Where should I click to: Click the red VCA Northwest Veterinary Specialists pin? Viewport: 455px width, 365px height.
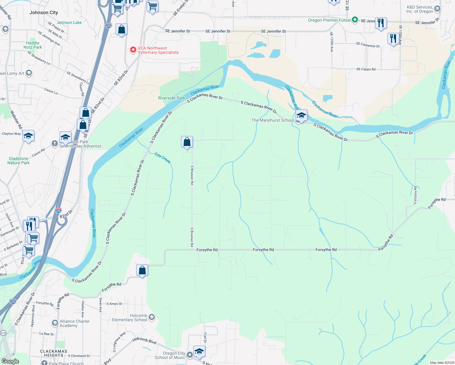(133, 50)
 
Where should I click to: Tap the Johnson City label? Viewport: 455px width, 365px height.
(43, 12)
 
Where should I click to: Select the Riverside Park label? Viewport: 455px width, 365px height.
(172, 98)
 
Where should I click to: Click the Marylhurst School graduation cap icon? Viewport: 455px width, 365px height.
(301, 116)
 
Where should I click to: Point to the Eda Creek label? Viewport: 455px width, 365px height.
(163, 158)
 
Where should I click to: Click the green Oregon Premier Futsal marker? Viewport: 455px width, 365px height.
(355, 20)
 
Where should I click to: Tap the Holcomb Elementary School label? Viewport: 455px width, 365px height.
(130, 318)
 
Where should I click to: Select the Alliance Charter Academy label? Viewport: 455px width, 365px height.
(75, 323)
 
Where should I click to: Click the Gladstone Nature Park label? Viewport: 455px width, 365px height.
(19, 161)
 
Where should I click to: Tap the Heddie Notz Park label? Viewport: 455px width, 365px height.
(33, 45)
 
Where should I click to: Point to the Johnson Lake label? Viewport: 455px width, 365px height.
(69, 23)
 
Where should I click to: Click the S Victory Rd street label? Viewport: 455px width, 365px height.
(415, 195)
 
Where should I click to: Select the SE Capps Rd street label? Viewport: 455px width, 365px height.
(366, 69)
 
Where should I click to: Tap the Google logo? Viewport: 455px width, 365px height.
(10, 361)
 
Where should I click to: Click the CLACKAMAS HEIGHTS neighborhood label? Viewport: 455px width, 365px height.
(54, 353)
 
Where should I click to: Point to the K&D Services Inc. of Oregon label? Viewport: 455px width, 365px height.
(420, 9)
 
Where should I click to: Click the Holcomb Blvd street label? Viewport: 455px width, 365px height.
(144, 341)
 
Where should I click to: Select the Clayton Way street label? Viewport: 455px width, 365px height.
(11, 134)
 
